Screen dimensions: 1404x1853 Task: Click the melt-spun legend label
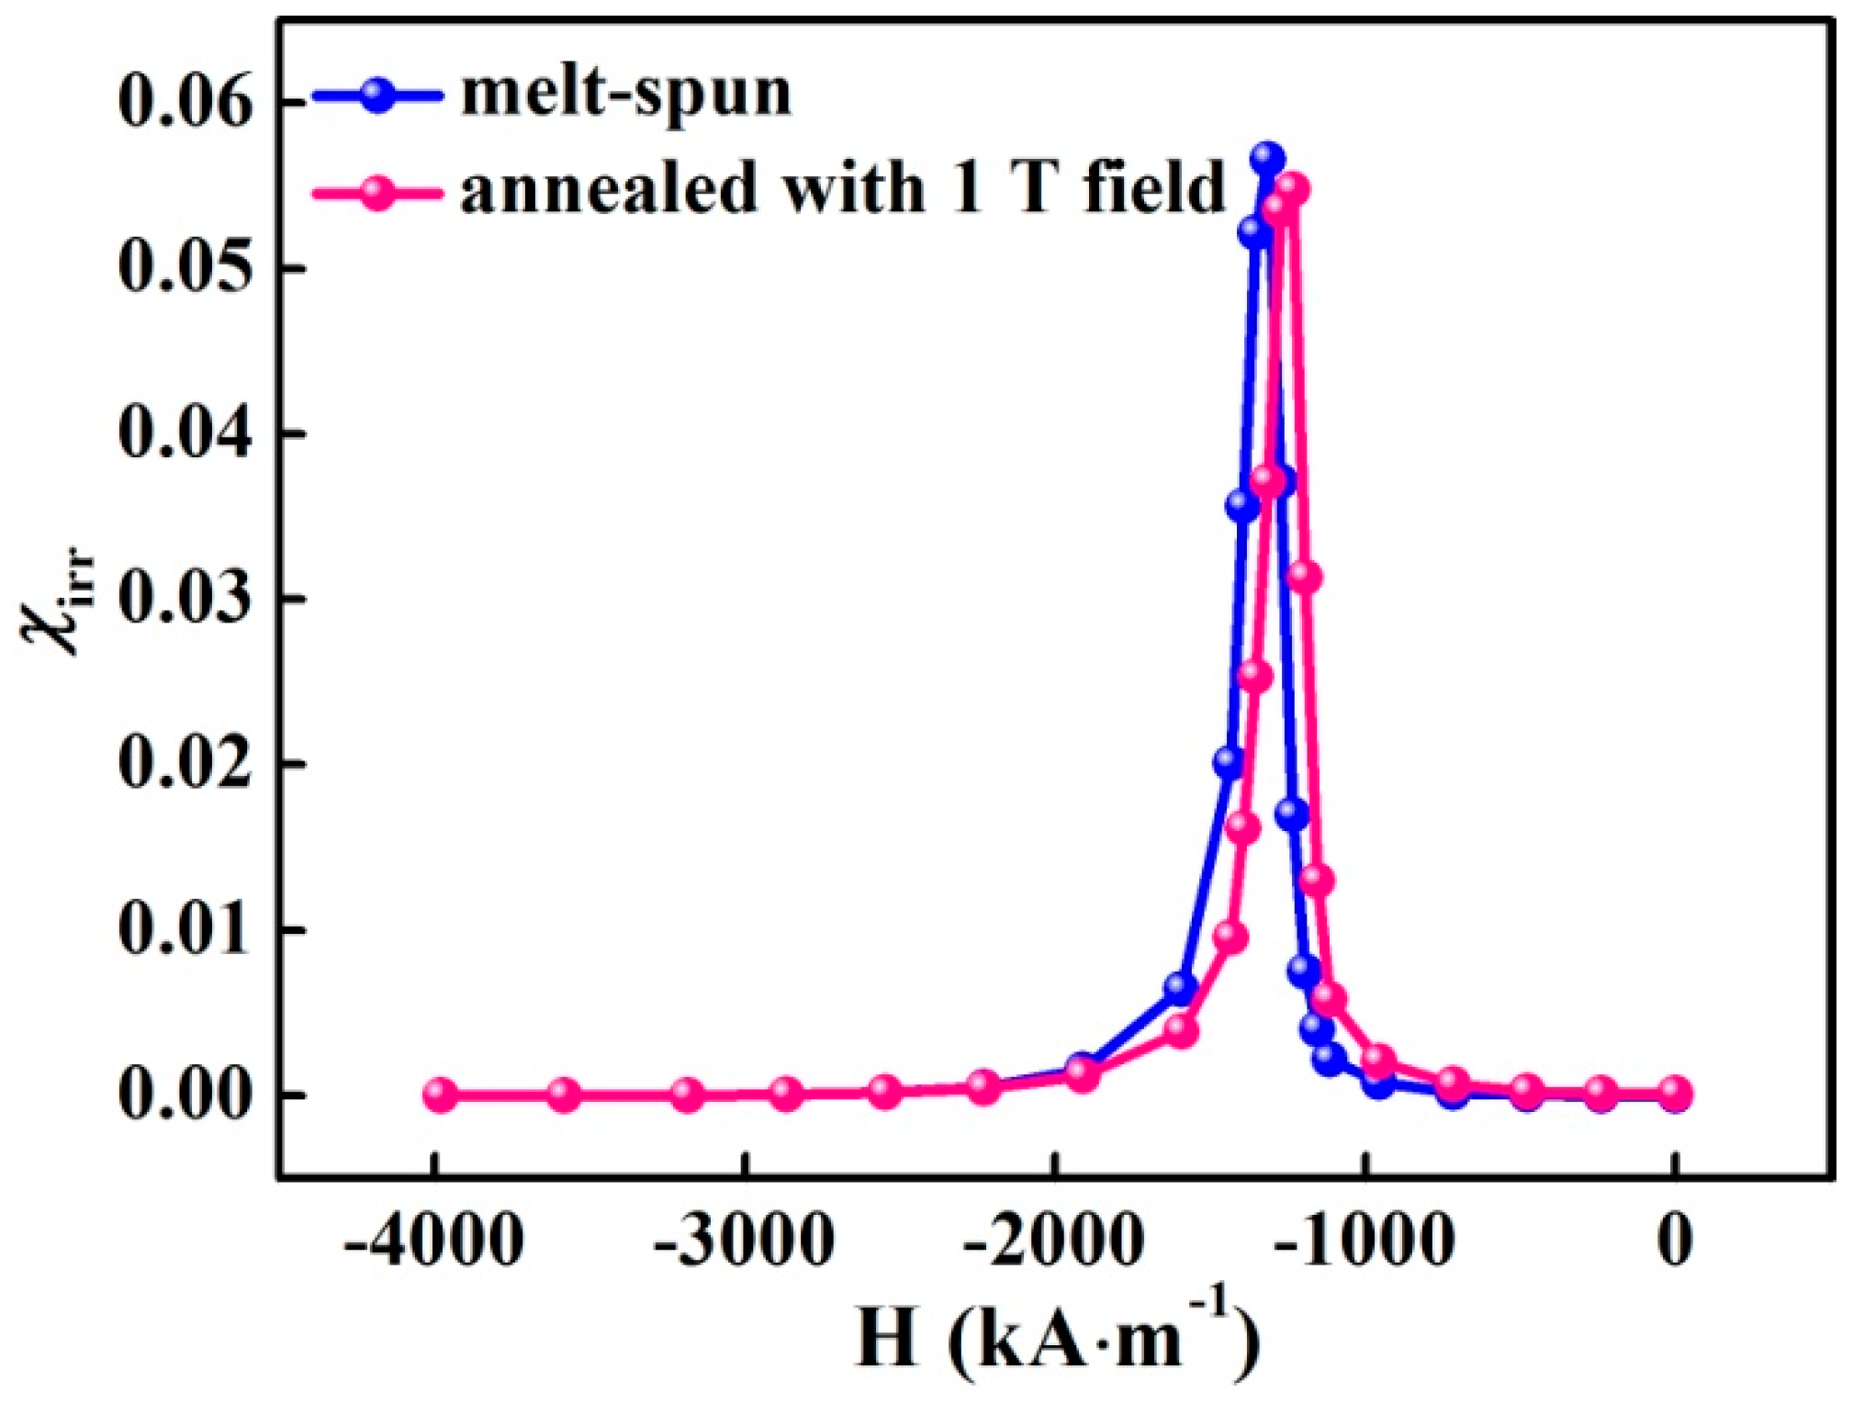[625, 94]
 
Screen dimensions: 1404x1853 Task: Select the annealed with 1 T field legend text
[842, 189]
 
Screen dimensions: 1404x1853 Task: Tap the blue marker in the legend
[377, 95]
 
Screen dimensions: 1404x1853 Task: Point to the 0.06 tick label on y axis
[184, 101]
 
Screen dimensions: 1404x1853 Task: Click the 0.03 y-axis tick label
[184, 598]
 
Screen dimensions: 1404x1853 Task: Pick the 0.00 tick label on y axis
[184, 1095]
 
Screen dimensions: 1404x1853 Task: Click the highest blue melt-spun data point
[1267, 158]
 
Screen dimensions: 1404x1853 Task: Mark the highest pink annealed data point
[1292, 189]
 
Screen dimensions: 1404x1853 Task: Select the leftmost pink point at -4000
[440, 1094]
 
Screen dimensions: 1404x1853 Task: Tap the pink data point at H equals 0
[1675, 1093]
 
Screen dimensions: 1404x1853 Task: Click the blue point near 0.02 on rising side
[1229, 762]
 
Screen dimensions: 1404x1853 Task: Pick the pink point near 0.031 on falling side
[1305, 577]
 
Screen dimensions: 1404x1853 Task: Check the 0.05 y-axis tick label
[184, 267]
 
